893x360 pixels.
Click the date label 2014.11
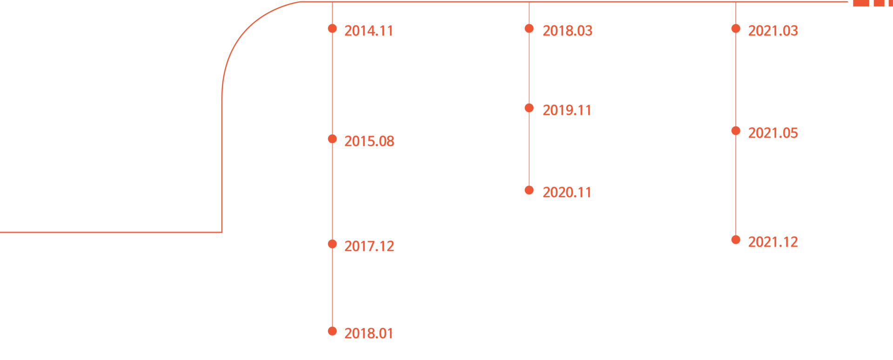coord(369,31)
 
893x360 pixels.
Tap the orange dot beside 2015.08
coord(332,139)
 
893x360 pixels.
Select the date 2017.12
coord(369,246)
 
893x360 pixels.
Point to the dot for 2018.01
coord(332,331)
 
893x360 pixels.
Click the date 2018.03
coord(567,31)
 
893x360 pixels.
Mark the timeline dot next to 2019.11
coord(529,108)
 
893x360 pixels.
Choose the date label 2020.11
coord(567,193)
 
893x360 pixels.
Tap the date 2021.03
coord(773,31)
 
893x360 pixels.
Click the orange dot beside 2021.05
coord(736,131)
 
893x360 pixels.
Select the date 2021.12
coord(773,242)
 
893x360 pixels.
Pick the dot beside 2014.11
coord(332,29)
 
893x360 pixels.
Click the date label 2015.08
coord(369,141)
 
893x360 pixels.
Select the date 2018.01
coord(369,333)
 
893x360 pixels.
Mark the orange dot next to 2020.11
coord(529,190)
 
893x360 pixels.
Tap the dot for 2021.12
coord(736,240)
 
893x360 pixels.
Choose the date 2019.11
coord(567,110)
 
